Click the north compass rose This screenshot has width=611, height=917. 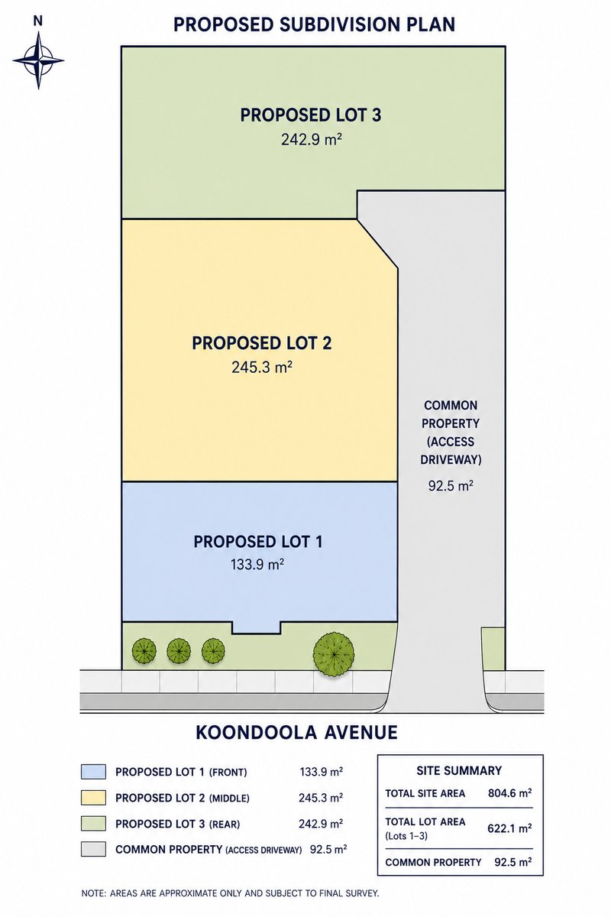pyautogui.click(x=38, y=60)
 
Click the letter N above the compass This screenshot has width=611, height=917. pyautogui.click(x=37, y=22)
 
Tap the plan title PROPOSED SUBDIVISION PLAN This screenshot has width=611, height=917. pyautogui.click(x=315, y=24)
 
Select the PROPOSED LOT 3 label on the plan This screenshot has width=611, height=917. pyautogui.click(x=311, y=115)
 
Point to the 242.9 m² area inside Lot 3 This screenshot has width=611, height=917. pyautogui.click(x=312, y=140)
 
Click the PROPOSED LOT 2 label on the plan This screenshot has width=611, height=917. pyautogui.click(x=262, y=343)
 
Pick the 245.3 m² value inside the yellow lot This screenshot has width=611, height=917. pyautogui.click(x=262, y=367)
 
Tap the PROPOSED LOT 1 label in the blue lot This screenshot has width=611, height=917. pyautogui.click(x=258, y=542)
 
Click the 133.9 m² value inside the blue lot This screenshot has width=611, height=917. pyautogui.click(x=257, y=565)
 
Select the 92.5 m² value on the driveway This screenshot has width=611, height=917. pyautogui.click(x=451, y=486)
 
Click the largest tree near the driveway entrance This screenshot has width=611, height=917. pyautogui.click(x=334, y=654)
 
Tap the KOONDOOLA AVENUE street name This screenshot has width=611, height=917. pyautogui.click(x=296, y=732)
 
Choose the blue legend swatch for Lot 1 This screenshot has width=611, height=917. pyautogui.click(x=93, y=772)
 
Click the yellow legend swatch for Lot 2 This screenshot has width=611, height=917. pyautogui.click(x=93, y=798)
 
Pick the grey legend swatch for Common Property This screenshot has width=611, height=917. pyautogui.click(x=93, y=849)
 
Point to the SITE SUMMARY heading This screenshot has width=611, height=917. pyautogui.click(x=459, y=770)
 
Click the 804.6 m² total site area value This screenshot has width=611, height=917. pyautogui.click(x=510, y=793)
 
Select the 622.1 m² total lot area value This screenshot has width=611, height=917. pyautogui.click(x=509, y=828)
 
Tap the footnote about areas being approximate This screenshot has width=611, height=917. pyautogui.click(x=231, y=893)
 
